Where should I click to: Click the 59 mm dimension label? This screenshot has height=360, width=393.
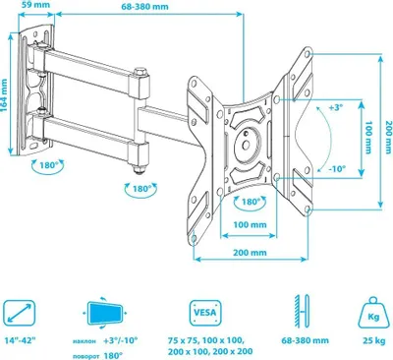(37, 4)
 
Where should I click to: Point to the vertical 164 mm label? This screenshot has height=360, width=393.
(4, 95)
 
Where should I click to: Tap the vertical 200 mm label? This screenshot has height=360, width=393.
(388, 130)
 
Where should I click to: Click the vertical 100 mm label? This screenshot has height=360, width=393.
(368, 137)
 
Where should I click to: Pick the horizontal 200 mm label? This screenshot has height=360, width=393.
(250, 253)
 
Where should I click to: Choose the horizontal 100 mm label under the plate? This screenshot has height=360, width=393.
(250, 225)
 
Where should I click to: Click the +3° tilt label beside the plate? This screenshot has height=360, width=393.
(335, 107)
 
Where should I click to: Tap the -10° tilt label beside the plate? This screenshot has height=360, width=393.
(337, 169)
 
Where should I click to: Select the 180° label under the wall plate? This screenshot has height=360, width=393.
(48, 165)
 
